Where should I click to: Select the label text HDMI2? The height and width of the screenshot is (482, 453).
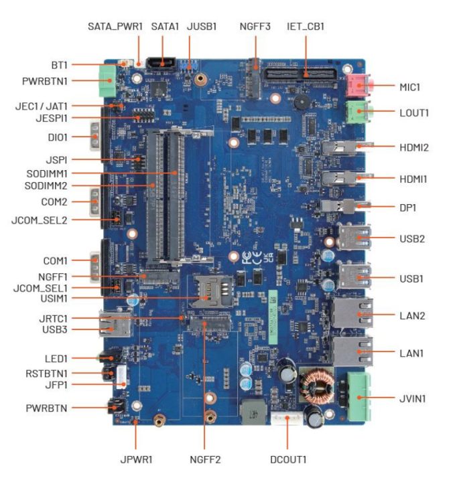414,145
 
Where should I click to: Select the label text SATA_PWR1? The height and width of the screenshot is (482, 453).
115,27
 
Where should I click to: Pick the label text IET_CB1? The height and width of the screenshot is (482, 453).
305,27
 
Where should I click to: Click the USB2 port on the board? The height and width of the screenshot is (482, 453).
352,238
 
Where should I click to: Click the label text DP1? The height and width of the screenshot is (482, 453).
407,208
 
